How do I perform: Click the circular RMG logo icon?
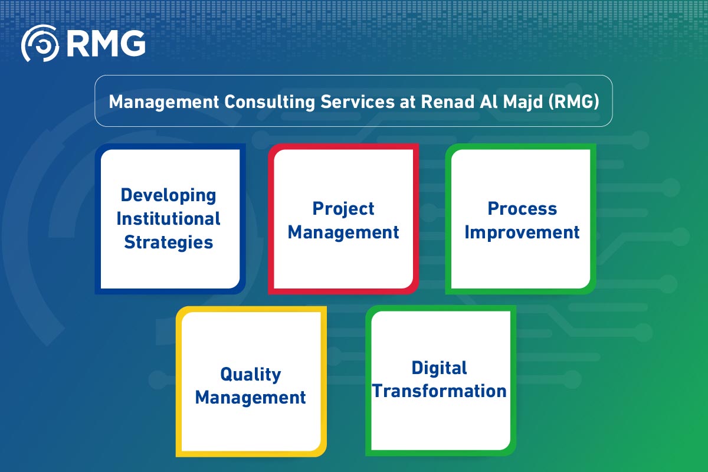[41, 42]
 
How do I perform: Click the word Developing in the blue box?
[168, 195]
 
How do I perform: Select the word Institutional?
[168, 219]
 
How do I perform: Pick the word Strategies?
[168, 242]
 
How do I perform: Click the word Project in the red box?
[343, 208]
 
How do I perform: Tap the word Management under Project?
[343, 232]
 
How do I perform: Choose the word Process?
[522, 208]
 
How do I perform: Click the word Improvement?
[522, 232]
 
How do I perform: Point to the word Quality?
[250, 374]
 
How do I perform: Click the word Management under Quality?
[250, 398]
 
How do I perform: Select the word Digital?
[439, 368]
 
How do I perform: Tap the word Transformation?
[439, 391]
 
